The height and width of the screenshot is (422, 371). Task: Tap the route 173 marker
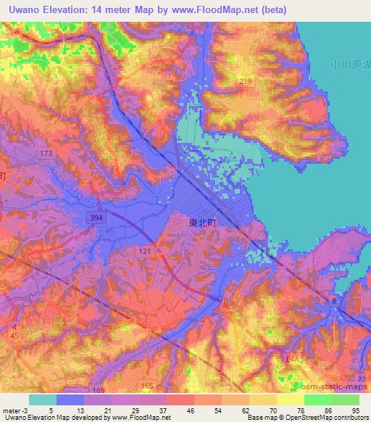[47, 154]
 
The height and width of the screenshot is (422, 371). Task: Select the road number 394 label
[96, 217]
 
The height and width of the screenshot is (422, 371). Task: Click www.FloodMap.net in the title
[222, 10]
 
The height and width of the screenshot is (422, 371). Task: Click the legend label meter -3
[13, 410]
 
